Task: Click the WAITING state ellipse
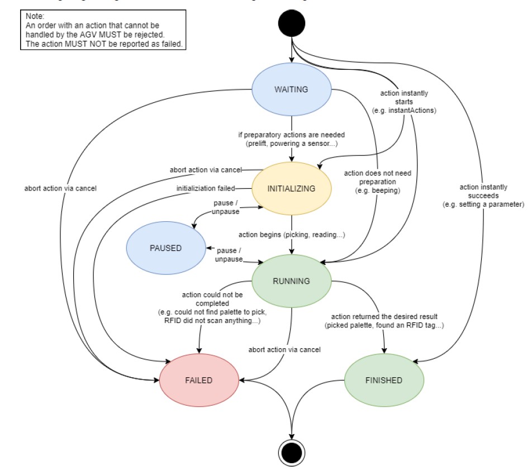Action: click(291, 89)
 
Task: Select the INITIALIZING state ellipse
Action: click(291, 188)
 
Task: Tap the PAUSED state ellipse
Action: click(166, 248)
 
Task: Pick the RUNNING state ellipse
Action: click(291, 281)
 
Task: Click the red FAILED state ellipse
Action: click(199, 380)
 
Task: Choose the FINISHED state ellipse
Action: click(384, 380)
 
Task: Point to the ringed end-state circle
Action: click(291, 450)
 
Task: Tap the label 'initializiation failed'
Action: click(206, 188)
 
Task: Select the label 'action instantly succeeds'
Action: click(491, 196)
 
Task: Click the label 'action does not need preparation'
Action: click(377, 182)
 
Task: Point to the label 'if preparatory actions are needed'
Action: click(291, 139)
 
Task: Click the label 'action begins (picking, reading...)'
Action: click(291, 235)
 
